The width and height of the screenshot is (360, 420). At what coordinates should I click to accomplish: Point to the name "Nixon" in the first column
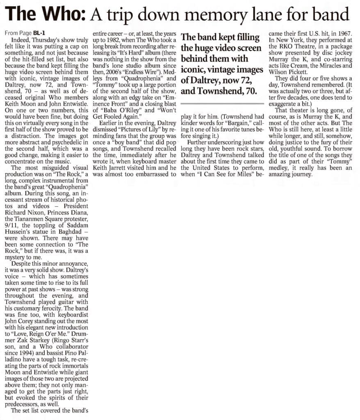38,212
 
